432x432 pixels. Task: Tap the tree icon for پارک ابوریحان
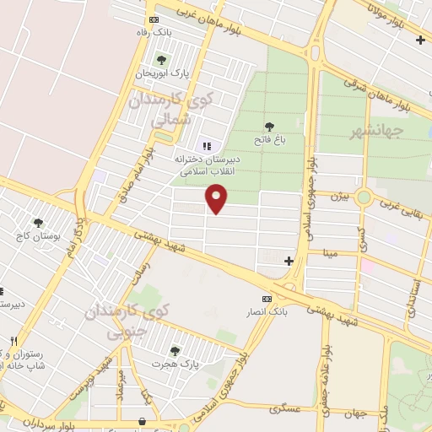coord(161,59)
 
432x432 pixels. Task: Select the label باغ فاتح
coord(269,139)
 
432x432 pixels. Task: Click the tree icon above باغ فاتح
coord(269,127)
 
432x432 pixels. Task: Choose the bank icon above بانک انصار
coord(267,299)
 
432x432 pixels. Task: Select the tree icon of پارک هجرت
coord(175,350)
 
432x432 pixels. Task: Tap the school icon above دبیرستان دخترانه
coord(208,146)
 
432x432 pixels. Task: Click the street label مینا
coord(328,252)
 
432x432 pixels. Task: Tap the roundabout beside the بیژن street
coord(364,197)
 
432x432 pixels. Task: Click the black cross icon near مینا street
coord(289,261)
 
